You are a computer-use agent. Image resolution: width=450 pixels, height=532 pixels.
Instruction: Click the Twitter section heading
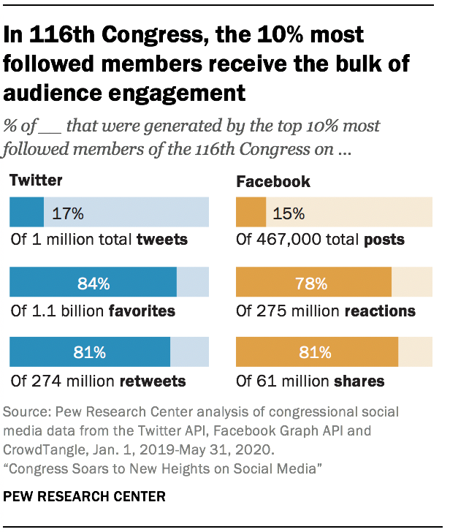(x=36, y=180)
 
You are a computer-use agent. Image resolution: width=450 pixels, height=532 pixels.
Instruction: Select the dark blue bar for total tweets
(x=26, y=213)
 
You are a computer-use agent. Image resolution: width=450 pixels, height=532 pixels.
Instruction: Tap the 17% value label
(x=68, y=213)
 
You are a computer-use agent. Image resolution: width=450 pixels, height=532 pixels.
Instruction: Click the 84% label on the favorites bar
(x=93, y=283)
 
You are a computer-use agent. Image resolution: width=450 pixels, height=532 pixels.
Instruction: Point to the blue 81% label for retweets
(x=90, y=352)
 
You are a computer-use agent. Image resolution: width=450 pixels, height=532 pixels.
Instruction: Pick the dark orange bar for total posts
(x=251, y=213)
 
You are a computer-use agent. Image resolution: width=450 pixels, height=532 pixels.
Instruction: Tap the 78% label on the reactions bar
(x=314, y=283)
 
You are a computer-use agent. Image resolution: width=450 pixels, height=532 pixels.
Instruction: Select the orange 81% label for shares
(x=317, y=352)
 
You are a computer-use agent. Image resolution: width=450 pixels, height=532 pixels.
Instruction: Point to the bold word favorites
(x=142, y=311)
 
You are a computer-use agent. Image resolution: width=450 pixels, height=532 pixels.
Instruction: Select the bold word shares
(x=359, y=381)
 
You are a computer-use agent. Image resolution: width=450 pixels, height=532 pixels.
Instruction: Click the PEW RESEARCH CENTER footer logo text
(x=85, y=496)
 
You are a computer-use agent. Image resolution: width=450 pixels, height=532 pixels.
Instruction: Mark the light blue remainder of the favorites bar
(x=193, y=283)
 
